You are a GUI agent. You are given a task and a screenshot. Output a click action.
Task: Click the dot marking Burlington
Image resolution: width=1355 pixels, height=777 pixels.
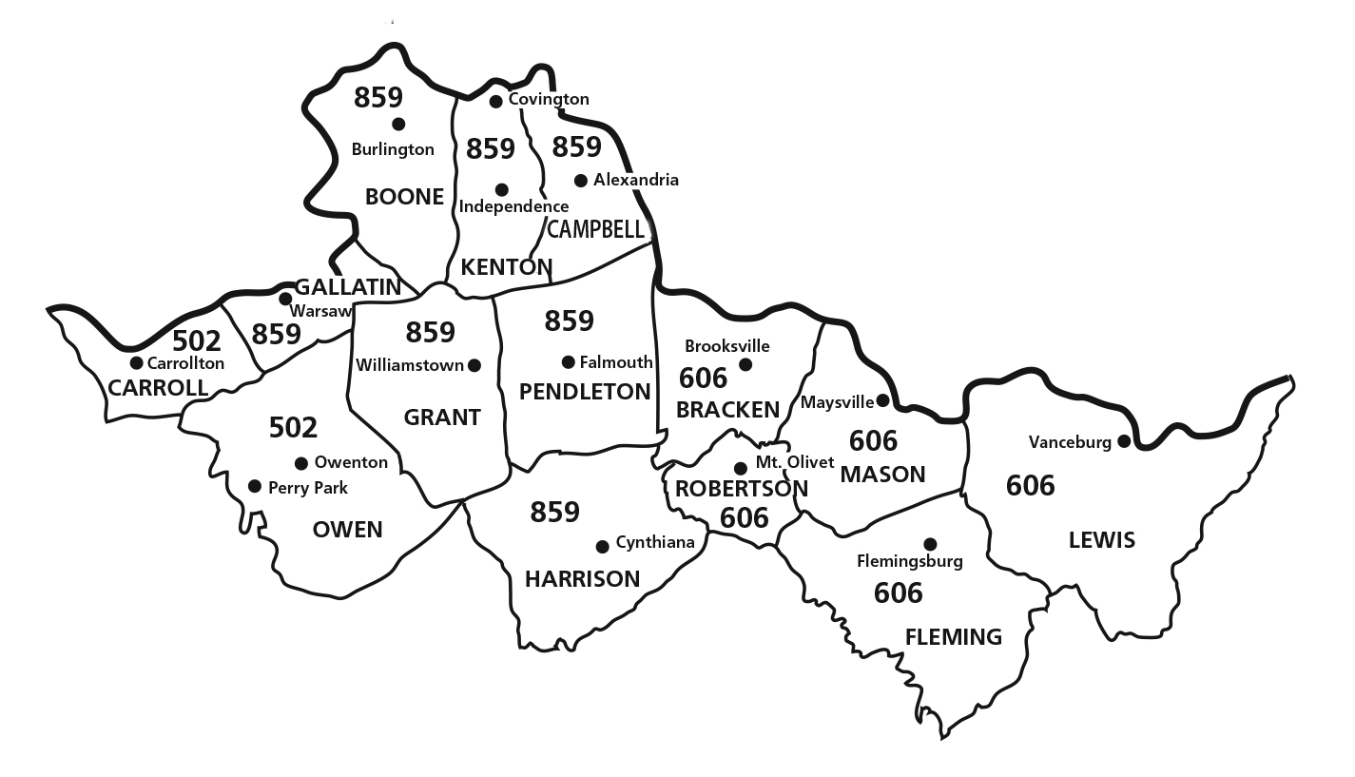point(398,124)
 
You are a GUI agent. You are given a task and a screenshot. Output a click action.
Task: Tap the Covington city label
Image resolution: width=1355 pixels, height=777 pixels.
point(549,99)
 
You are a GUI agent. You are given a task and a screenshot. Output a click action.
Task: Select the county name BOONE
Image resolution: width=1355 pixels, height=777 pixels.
point(405,197)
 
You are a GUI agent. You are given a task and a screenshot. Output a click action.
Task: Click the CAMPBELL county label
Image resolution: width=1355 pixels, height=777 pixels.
point(596,229)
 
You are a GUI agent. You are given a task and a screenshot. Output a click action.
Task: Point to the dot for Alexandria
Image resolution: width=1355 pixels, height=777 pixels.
point(581,181)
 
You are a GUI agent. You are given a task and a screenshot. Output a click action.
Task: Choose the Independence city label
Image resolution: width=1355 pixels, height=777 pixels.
point(513,206)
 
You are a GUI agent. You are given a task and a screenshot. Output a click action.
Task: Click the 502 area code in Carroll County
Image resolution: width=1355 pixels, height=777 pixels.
point(197,340)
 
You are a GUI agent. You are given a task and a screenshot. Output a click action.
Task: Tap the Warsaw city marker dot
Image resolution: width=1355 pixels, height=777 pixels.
point(285,299)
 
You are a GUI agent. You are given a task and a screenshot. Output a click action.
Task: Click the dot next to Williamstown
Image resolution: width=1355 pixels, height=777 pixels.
point(474,365)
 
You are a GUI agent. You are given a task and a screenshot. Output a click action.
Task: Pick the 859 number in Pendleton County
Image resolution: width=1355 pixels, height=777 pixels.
point(570,321)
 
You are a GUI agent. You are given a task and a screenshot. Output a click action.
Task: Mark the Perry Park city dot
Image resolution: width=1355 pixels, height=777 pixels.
point(255,486)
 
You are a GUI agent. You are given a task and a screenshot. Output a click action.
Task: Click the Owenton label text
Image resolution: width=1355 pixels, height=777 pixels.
point(351,463)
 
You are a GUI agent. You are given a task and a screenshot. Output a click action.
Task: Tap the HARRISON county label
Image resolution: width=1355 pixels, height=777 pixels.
point(582,579)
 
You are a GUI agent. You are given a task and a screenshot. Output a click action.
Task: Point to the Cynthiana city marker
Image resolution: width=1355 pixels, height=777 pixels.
point(602,546)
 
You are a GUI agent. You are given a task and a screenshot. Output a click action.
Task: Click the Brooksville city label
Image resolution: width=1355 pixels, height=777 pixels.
point(727,346)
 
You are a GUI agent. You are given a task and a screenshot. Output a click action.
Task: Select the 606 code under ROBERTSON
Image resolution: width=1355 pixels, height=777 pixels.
point(745,517)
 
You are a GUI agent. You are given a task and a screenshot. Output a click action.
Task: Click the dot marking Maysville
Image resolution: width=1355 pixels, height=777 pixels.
point(882,400)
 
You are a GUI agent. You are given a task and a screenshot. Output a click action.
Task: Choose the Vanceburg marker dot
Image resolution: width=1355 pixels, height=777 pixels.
point(1124,440)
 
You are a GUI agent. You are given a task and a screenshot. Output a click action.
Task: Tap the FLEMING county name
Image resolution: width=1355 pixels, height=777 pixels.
point(954,636)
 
